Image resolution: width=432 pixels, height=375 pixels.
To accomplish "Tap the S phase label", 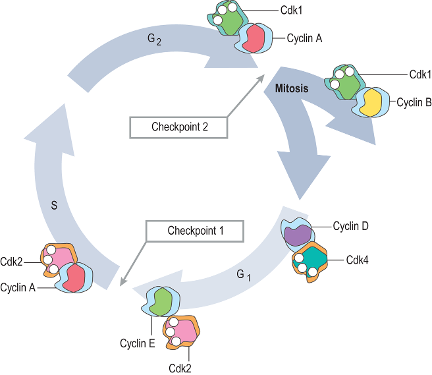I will pos(54,205).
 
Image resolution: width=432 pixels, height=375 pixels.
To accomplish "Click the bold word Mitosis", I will pos(290,87).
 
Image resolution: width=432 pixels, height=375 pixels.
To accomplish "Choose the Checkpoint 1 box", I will pos(196,231).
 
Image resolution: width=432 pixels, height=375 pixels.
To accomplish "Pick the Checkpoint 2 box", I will pos(179,127).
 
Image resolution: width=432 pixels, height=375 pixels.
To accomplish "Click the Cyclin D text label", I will pos(350,227).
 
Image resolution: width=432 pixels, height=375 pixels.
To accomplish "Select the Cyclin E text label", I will pos(137,343).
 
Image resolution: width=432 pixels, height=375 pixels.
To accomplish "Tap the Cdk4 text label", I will pos(357,260).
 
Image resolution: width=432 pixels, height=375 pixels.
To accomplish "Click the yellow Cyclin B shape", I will pos(369,103).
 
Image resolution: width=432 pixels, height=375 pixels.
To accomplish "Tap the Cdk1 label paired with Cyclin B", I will pos(419,74).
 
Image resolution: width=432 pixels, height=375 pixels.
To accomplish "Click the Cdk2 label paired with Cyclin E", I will pos(180,368).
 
